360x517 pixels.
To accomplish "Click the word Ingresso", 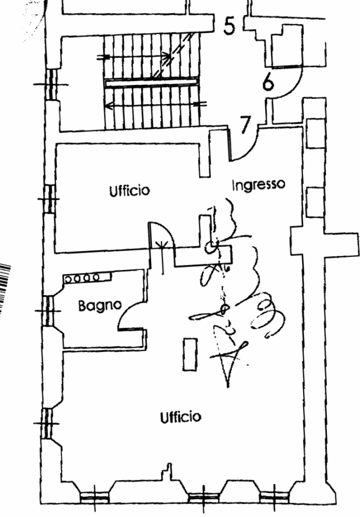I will (258, 185).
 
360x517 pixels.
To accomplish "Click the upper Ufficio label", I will (129, 190).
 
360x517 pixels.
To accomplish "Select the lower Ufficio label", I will (180, 417).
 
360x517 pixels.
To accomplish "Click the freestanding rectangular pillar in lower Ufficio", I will (189, 354).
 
